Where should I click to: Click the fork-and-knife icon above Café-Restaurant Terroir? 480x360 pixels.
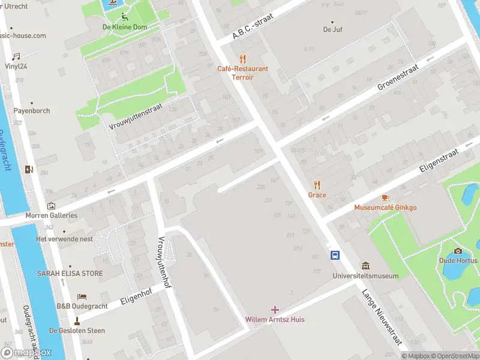tap(242, 59)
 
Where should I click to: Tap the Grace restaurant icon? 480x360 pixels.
tap(317, 185)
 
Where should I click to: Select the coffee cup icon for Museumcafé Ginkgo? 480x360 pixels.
tap(385, 197)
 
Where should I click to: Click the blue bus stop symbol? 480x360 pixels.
tap(335, 255)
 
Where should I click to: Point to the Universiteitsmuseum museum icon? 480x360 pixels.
tap(365, 266)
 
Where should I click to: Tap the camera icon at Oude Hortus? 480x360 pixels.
tap(458, 251)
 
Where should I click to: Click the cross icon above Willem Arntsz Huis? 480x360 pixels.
tap(275, 310)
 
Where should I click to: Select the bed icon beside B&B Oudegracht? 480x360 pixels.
tap(82, 296)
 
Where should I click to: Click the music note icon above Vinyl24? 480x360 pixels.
tap(17, 56)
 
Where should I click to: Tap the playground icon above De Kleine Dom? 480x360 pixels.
tap(122, 17)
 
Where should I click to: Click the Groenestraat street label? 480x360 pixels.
tap(397, 78)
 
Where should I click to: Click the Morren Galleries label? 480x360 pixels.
tap(51, 215)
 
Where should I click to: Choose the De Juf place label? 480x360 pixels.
tap(332, 29)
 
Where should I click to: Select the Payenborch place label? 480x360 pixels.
tap(32, 110)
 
